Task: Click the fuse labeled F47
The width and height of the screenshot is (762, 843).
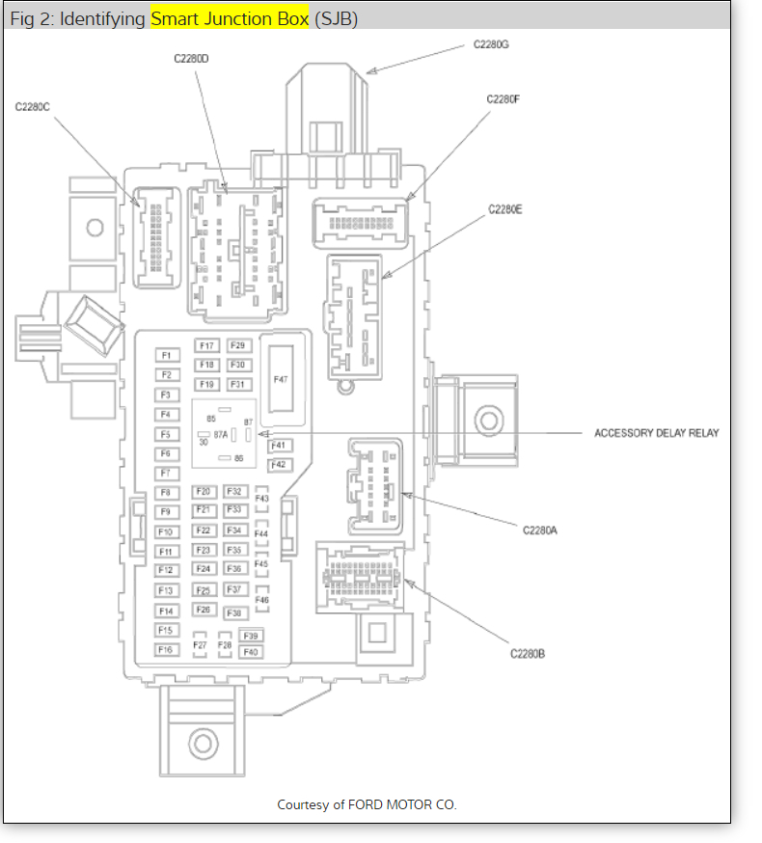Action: [281, 380]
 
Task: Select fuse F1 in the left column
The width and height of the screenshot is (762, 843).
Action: [166, 355]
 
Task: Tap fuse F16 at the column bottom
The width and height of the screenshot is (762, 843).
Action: [166, 650]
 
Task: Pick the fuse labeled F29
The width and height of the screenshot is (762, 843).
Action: [238, 345]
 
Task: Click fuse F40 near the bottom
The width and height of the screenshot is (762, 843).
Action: [251, 652]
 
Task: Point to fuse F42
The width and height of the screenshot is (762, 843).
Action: [279, 465]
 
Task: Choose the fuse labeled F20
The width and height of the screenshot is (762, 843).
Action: [204, 492]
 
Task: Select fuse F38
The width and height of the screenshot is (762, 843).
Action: [234, 613]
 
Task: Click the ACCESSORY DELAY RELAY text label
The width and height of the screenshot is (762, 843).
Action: [656, 433]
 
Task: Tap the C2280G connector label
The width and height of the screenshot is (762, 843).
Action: [491, 44]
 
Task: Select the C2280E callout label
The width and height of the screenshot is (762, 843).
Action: [504, 208]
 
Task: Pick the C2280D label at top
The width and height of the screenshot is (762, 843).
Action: [192, 59]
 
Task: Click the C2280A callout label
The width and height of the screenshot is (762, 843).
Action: [540, 530]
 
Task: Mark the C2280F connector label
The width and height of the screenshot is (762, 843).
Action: [503, 99]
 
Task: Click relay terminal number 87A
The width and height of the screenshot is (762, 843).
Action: [221, 435]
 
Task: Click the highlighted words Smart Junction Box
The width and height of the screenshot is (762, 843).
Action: [230, 18]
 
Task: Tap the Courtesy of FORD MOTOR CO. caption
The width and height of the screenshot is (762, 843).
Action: [367, 804]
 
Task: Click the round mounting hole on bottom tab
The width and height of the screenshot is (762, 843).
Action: [202, 744]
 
